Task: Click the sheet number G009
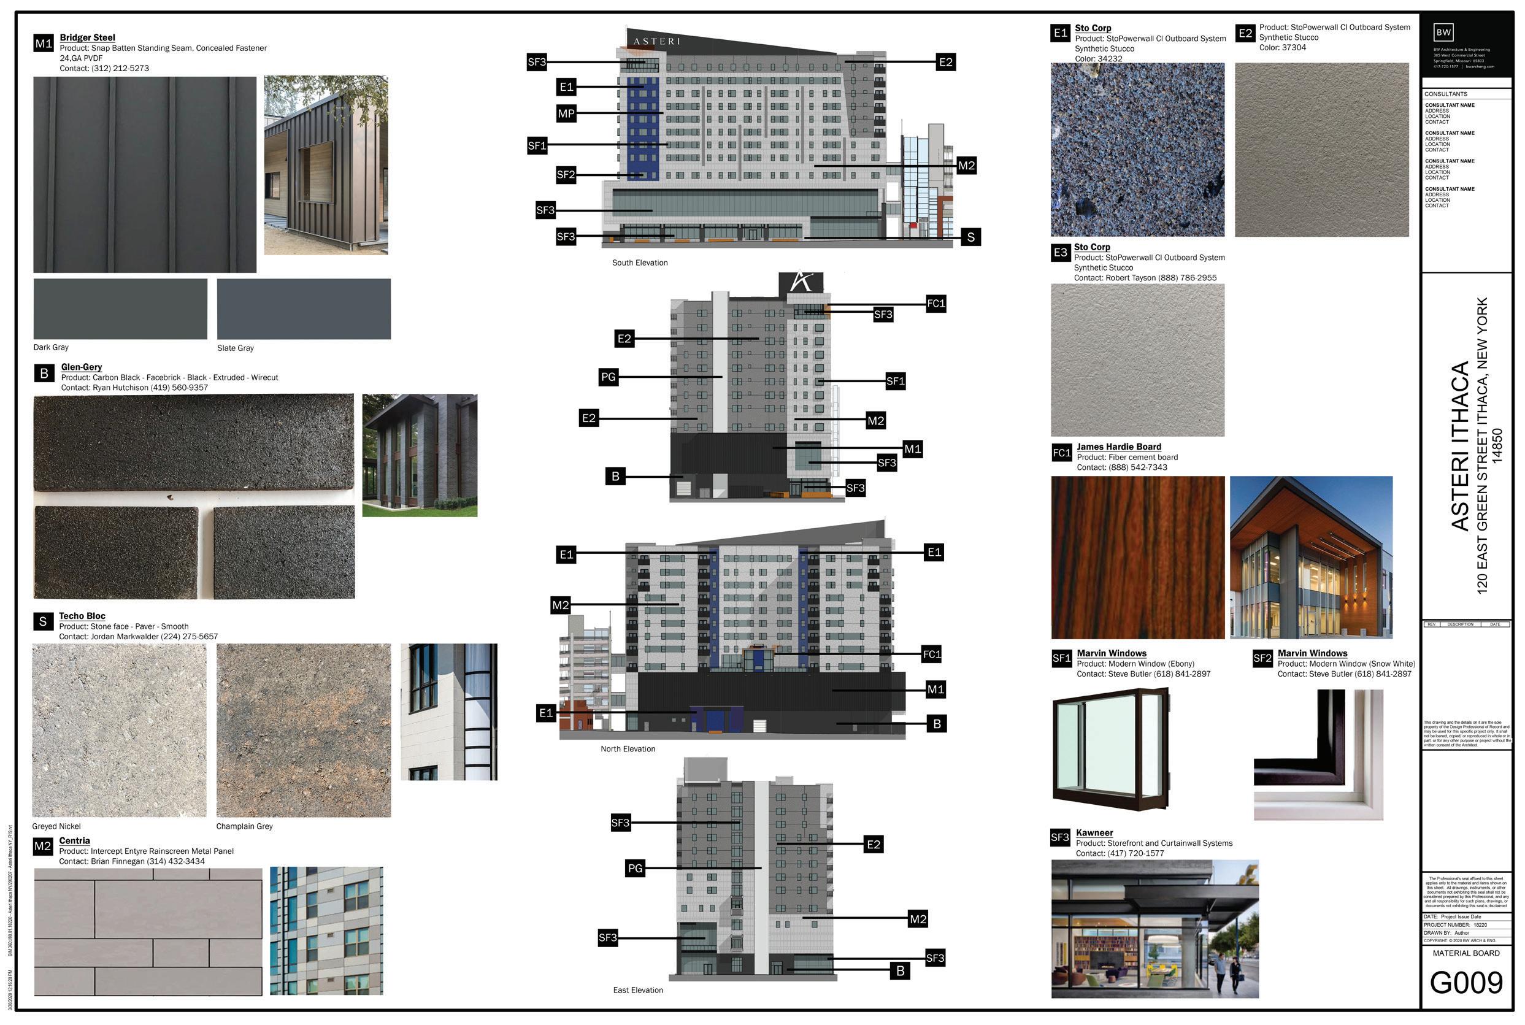[x=1466, y=983]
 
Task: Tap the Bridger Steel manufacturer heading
[x=87, y=38]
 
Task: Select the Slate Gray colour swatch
[x=303, y=309]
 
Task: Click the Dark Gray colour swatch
[x=120, y=309]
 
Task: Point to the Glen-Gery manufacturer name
[x=82, y=367]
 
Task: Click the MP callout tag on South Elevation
[x=566, y=113]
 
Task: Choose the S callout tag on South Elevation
[x=970, y=237]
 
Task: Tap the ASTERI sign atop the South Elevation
[x=656, y=41]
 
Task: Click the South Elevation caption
[x=639, y=263]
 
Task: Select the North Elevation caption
[x=628, y=749]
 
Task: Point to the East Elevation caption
[x=637, y=991]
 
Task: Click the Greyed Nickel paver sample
[x=119, y=731]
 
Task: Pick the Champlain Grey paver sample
[x=303, y=731]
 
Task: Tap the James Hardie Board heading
[x=1119, y=447]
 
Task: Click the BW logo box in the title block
[x=1443, y=32]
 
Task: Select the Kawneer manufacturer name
[x=1094, y=833]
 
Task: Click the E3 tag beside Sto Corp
[x=1059, y=253]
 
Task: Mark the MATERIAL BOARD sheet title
[x=1466, y=953]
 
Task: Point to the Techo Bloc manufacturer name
[x=82, y=616]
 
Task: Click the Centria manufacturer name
[x=74, y=840]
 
